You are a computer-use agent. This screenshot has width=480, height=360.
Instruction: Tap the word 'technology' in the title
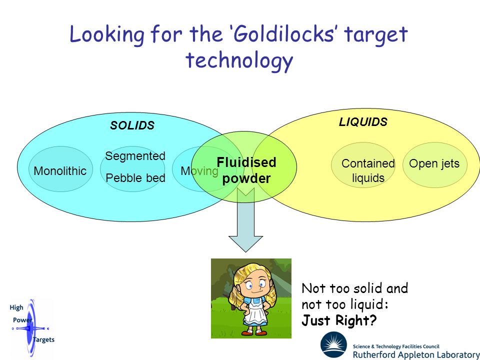coord(239,61)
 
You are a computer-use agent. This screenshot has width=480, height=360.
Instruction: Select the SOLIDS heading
coord(132,125)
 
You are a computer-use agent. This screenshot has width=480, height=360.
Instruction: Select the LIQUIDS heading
coord(363,122)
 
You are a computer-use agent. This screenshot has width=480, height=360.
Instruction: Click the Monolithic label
coord(60,171)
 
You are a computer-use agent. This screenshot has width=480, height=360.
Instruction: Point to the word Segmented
coord(135,156)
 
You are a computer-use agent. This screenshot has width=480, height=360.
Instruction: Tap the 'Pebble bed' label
coord(135,178)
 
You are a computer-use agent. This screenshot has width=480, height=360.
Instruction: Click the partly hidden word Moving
coord(199,171)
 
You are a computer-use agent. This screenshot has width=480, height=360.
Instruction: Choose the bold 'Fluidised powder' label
coord(246,170)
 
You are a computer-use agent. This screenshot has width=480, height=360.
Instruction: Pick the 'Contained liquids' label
coord(368,170)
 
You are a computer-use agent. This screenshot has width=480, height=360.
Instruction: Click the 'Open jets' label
coord(434,163)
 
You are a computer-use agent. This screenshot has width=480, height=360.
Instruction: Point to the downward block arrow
coord(245,219)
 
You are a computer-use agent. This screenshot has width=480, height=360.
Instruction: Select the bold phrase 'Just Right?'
coord(339,320)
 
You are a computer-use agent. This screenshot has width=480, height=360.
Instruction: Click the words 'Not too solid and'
coord(355,288)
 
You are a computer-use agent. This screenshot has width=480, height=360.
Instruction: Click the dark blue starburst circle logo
coord(333,345)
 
